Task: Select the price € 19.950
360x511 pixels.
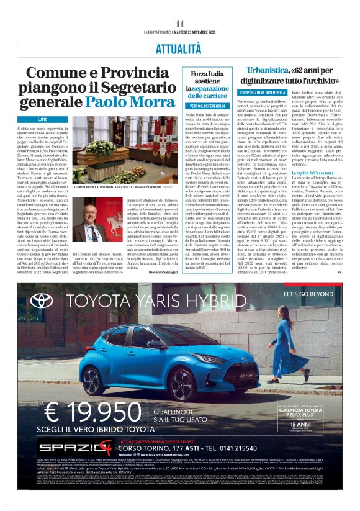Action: [x=91, y=412]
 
